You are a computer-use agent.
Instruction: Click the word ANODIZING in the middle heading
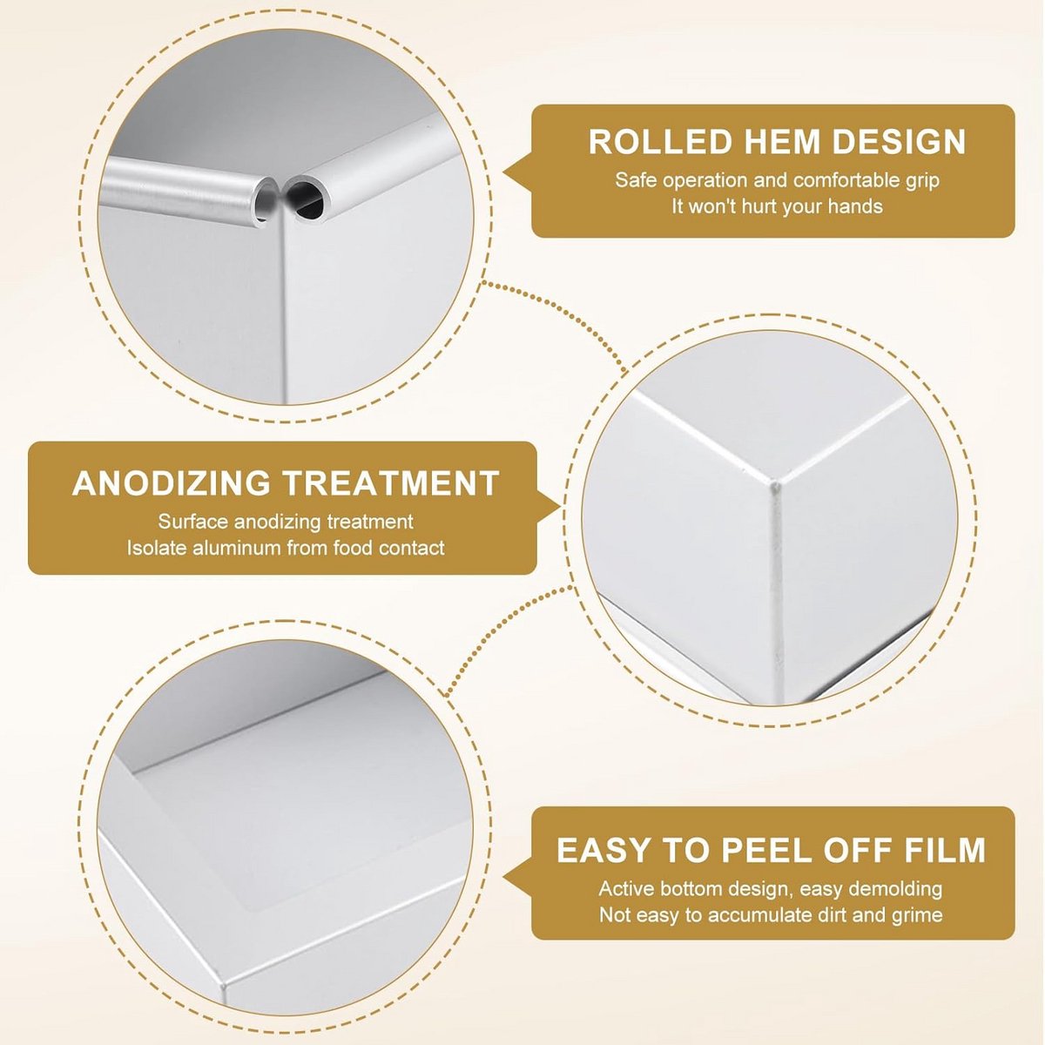171,482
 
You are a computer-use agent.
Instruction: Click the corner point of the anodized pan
776,482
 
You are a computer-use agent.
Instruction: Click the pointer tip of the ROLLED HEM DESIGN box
504,172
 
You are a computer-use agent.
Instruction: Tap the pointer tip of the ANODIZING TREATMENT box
562,509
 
